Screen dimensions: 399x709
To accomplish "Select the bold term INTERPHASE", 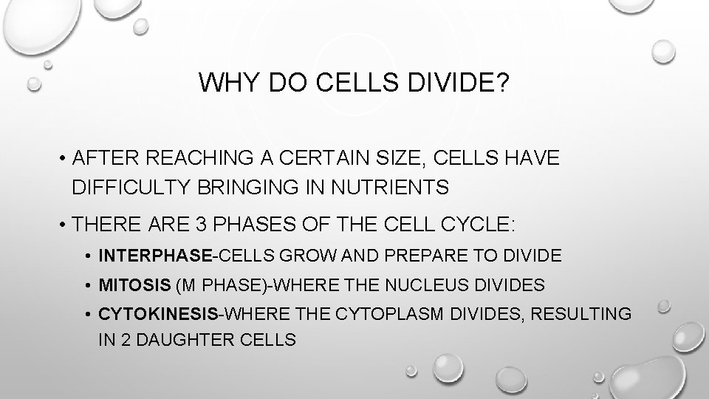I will pos(155,256).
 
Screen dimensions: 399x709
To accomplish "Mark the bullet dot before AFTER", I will pos(65,159).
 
